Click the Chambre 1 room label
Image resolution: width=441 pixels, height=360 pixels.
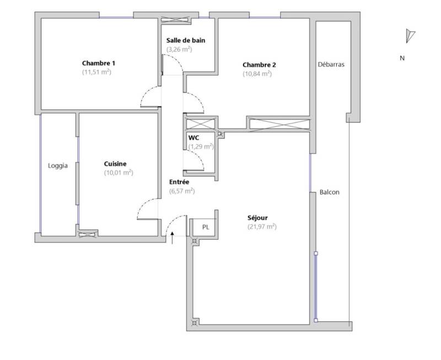pyautogui.click(x=99, y=63)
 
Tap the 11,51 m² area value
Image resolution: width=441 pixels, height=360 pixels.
pyautogui.click(x=97, y=72)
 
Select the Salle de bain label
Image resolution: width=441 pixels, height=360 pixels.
pyautogui.click(x=186, y=40)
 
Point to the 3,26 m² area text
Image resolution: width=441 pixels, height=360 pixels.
pyautogui.click(x=179, y=49)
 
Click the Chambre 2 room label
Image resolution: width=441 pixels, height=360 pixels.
pyautogui.click(x=259, y=65)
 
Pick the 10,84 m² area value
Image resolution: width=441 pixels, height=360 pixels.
pyautogui.click(x=257, y=74)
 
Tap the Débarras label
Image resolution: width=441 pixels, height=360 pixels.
pyautogui.click(x=331, y=65)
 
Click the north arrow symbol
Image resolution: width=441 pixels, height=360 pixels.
pyautogui.click(x=410, y=36)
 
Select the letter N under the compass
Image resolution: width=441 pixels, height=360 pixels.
pyautogui.click(x=402, y=58)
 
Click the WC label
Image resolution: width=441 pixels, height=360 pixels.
pyautogui.click(x=194, y=137)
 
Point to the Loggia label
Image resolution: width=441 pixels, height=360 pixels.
pyautogui.click(x=58, y=165)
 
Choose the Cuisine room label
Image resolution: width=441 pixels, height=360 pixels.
pyautogui.click(x=115, y=164)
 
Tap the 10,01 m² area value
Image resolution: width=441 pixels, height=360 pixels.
pyautogui.click(x=119, y=173)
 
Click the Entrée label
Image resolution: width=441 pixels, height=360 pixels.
pyautogui.click(x=179, y=182)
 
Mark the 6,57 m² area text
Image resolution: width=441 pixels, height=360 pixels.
pyautogui.click(x=182, y=191)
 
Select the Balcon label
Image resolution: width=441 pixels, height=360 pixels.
pyautogui.click(x=329, y=192)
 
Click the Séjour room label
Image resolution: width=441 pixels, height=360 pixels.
pyautogui.click(x=257, y=218)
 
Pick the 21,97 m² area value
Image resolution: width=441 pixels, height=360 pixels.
pyautogui.click(x=262, y=227)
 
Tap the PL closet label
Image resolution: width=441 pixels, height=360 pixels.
pyautogui.click(x=206, y=227)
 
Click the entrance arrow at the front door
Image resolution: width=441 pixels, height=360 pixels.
pyautogui.click(x=172, y=238)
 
